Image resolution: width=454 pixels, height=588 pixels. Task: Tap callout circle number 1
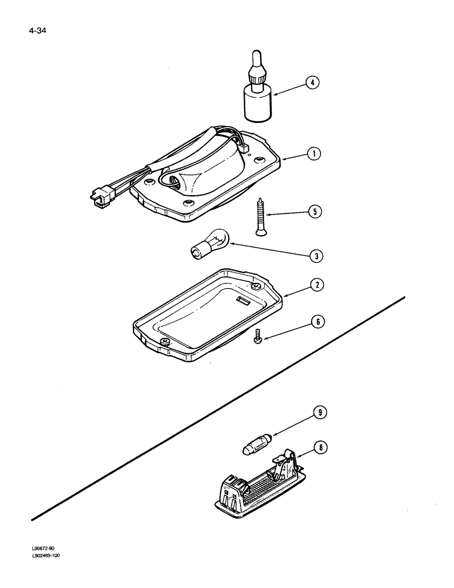tap(315, 154)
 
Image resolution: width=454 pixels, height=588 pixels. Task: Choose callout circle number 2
tap(316, 285)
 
